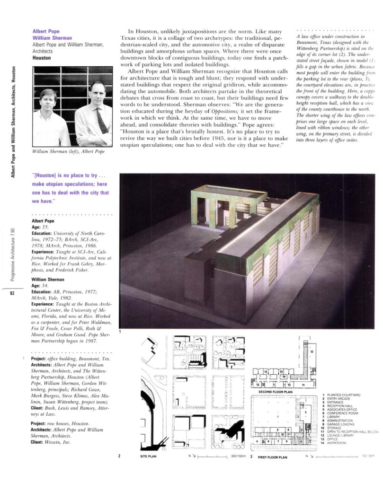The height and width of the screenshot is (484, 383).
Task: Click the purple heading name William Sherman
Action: [x=52, y=38]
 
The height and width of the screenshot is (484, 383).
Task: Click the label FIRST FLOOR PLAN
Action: [x=272, y=458]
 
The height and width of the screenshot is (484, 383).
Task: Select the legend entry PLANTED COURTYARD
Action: [x=344, y=395]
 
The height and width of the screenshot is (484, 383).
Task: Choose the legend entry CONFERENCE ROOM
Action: [x=344, y=413]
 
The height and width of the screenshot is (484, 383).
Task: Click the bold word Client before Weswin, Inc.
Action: [x=38, y=442]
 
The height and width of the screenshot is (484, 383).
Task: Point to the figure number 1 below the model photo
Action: [x=120, y=332]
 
